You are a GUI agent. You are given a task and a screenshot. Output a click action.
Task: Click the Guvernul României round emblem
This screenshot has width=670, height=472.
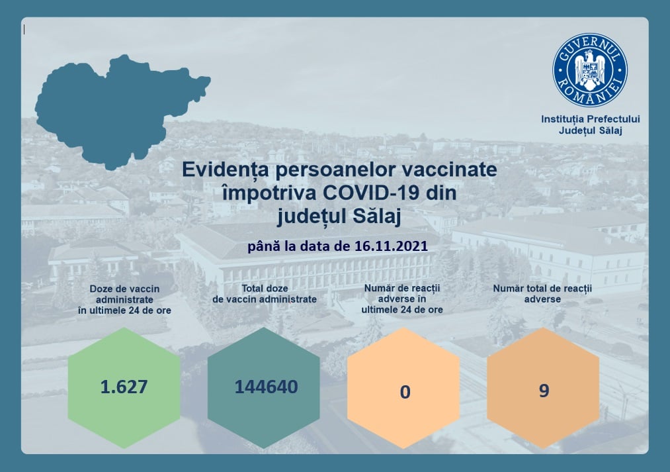pos(590,70)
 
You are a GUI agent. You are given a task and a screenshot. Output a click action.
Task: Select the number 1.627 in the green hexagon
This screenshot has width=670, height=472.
pos(124,387)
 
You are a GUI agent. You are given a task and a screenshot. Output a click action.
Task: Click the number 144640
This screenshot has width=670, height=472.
pos(266,387)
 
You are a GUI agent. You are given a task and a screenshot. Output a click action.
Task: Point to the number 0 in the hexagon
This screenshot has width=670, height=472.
pos(405,392)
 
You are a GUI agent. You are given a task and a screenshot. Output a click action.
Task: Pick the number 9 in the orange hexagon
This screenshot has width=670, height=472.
pos(544,391)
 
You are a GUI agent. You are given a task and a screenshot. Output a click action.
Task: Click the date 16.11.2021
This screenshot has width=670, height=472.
pos(391,246)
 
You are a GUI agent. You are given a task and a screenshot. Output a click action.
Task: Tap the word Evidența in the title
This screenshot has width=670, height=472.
pos(226,169)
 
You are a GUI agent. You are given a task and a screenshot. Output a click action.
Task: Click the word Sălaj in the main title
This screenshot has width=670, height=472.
pos(377,216)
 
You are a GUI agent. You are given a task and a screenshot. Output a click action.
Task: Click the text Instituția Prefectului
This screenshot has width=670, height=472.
pos(591,119)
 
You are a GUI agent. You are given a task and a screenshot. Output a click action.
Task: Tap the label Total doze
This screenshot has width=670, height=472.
pos(265,288)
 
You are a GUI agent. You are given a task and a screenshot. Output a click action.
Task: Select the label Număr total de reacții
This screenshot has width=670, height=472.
pos(542,289)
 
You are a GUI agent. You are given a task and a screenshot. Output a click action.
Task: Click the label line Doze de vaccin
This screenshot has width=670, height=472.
pos(124,289)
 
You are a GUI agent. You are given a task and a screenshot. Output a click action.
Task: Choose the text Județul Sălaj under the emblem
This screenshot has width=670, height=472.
pos(591,130)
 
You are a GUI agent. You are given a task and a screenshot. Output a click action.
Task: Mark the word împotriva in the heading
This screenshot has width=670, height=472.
pos(269,193)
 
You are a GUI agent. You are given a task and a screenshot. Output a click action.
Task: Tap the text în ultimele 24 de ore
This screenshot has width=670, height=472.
pos(124,310)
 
